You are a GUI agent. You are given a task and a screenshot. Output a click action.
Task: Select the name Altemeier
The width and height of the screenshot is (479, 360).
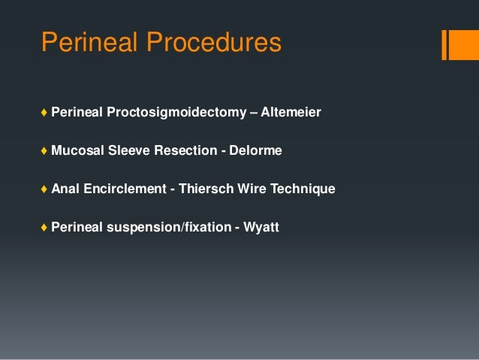click(291, 113)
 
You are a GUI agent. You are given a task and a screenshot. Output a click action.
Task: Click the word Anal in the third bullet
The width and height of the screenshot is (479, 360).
click(65, 189)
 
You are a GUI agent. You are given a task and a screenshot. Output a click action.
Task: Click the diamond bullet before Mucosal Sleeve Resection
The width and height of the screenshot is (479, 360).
click(45, 151)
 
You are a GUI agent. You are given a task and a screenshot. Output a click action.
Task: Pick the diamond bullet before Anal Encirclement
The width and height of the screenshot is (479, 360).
click(45, 189)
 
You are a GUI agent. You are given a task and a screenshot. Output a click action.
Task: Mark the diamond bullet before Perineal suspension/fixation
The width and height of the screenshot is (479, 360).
click(45, 227)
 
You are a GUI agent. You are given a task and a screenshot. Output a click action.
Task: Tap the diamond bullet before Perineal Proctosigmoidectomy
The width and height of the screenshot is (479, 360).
click(45, 113)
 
